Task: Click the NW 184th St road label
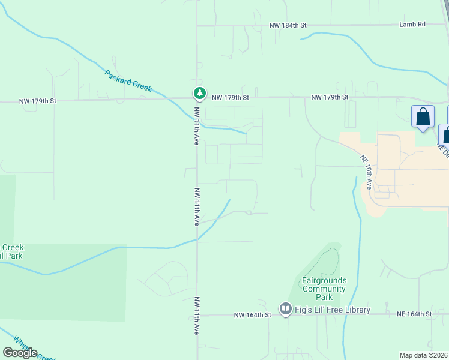coord(288,25)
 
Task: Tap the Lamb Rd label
coord(412,25)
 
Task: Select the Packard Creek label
coord(128,81)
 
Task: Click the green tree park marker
coord(199,93)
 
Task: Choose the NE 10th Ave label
coord(367,172)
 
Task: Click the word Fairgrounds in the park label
coord(324,281)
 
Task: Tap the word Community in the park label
coord(324,289)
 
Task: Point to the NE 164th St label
coord(414,314)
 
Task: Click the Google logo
coord(20,353)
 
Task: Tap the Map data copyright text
coord(424,355)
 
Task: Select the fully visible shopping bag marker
coord(423,116)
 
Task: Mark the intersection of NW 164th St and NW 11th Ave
coord(197,314)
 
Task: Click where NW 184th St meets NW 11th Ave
coord(197,25)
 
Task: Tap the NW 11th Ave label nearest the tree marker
coord(196,126)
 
